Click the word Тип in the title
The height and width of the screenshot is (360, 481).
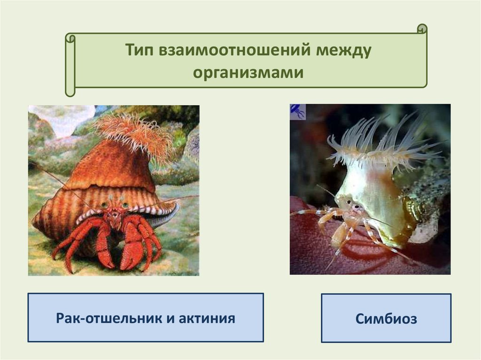click(139, 50)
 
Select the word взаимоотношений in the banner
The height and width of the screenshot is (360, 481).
click(234, 50)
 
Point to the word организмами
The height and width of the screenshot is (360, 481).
click(248, 73)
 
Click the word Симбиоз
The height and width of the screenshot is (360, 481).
click(386, 318)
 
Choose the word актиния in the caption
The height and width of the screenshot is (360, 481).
click(207, 318)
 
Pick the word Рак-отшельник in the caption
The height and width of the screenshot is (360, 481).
click(109, 318)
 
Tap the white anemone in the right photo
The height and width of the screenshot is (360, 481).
click(380, 144)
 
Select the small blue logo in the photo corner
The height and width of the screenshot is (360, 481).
click(297, 112)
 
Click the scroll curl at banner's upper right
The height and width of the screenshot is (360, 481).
click(422, 29)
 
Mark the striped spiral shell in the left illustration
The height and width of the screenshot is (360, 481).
click(101, 199)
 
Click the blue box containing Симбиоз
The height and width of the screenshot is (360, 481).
click(386, 318)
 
